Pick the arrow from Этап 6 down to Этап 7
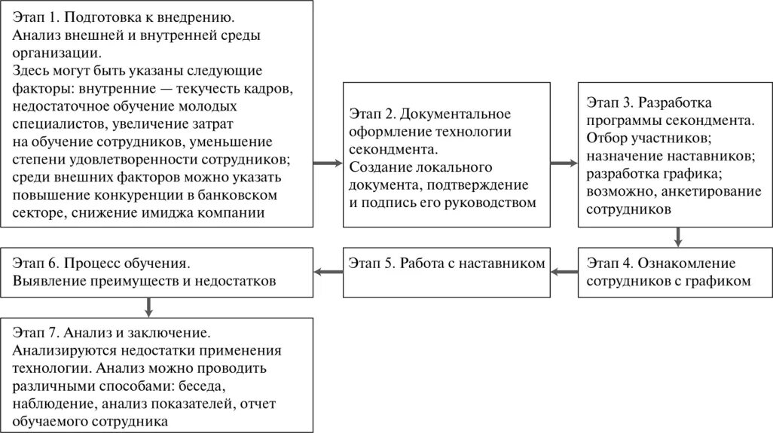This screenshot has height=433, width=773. pos(148,306)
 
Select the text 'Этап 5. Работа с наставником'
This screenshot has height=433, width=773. pos(446,264)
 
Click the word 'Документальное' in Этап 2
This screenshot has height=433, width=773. pos(455,114)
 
